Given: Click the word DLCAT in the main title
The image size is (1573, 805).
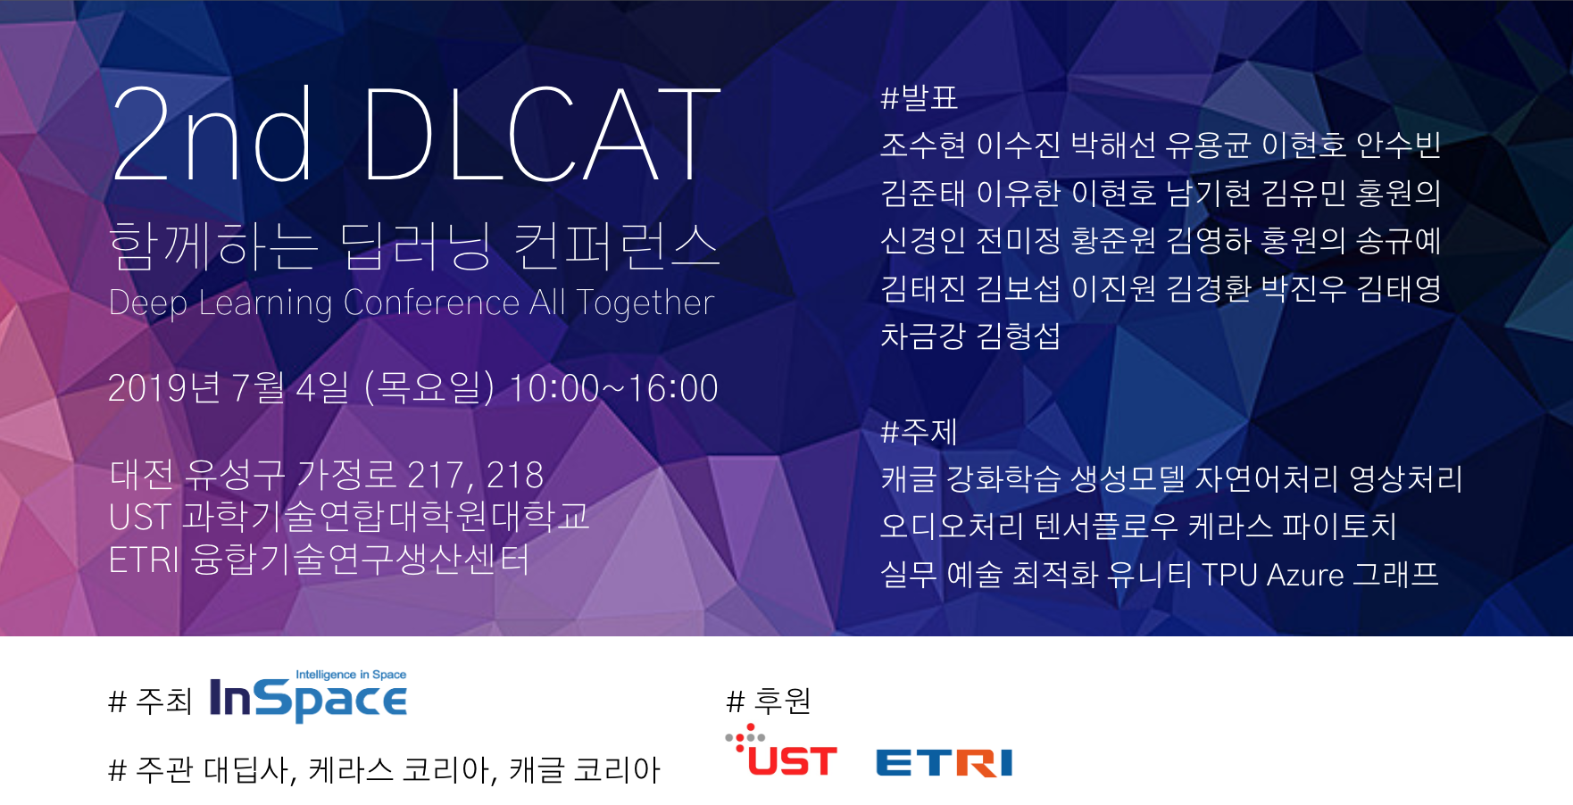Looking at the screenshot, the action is click(x=542, y=135).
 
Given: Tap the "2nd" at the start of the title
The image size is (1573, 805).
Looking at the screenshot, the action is click(x=212, y=135).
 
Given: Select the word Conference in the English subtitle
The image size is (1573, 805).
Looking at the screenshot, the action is click(x=431, y=303).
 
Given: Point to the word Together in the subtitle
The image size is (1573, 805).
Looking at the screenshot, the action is click(x=645, y=303).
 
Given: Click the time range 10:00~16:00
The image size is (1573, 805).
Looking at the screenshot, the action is click(x=613, y=388).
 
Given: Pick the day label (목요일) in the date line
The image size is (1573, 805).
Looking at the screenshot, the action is click(x=429, y=388).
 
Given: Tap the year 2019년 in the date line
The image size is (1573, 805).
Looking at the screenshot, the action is click(x=164, y=388).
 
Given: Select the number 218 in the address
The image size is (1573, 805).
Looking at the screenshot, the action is click(x=515, y=475).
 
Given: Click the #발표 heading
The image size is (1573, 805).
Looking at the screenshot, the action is click(x=919, y=97).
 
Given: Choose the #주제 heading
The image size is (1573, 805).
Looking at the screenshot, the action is click(x=919, y=432).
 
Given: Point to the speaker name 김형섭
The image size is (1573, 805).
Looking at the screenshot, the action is click(x=1019, y=336).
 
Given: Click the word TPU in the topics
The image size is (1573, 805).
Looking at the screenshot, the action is click(x=1229, y=575).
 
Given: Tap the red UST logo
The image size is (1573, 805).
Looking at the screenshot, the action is click(x=782, y=751).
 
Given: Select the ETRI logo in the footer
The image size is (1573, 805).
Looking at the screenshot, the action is click(x=945, y=763).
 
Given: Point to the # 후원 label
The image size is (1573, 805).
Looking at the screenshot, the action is click(x=770, y=701).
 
